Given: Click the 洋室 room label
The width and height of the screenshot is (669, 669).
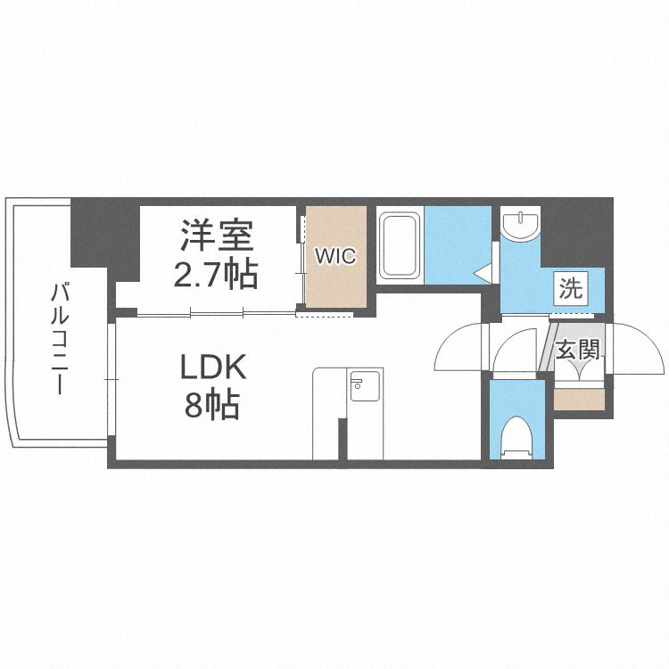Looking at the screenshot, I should pyautogui.click(x=217, y=235).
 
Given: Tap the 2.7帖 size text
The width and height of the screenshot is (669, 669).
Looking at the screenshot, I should pyautogui.click(x=217, y=272).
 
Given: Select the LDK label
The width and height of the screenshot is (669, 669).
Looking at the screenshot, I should pyautogui.click(x=211, y=368).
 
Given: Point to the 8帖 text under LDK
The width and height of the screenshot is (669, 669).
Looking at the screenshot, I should pyautogui.click(x=211, y=406).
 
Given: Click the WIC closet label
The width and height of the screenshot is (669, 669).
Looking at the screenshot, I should pyautogui.click(x=334, y=256).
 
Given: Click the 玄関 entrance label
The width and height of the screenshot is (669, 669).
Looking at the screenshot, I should pyautogui.click(x=577, y=349).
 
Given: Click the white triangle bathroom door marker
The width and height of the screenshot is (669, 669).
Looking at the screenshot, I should pyautogui.click(x=483, y=273).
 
